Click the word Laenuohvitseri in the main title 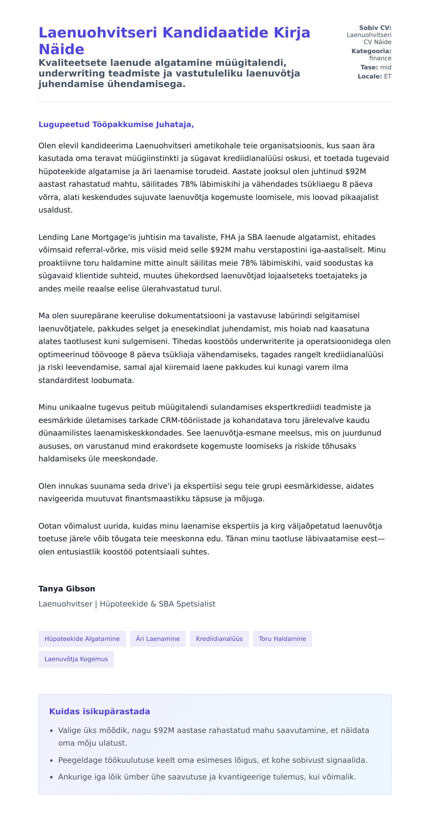[x=98, y=33]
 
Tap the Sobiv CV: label [x=375, y=28]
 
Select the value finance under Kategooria [x=380, y=58]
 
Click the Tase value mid [x=386, y=67]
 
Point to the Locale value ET [x=388, y=76]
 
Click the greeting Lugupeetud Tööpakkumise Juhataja [x=116, y=124]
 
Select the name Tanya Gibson [x=67, y=589]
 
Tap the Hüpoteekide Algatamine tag [x=82, y=639]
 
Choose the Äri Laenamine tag [x=158, y=639]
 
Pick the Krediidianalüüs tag [x=219, y=639]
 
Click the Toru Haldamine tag [x=282, y=639]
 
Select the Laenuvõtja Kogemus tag [x=76, y=659]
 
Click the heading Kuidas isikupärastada [x=99, y=711]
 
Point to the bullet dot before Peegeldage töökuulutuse [x=52, y=760]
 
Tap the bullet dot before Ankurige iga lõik [x=52, y=777]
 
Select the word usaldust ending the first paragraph [x=55, y=210]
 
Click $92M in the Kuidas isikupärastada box [x=164, y=730]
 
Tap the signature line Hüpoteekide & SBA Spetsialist [x=158, y=604]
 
